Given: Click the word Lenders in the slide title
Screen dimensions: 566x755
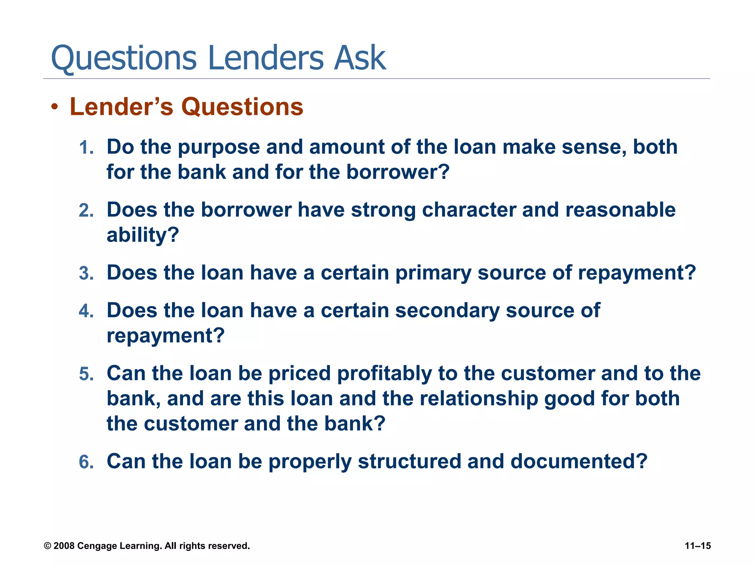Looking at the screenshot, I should [x=266, y=58].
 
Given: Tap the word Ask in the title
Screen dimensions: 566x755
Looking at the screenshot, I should [x=359, y=58].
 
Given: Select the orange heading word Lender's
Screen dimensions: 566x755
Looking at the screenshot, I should [x=121, y=107].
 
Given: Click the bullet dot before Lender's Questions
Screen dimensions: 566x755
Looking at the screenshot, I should [x=55, y=107].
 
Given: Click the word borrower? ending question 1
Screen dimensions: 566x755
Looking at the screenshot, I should [x=398, y=172].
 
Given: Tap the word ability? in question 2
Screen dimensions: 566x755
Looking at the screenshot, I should [x=143, y=236].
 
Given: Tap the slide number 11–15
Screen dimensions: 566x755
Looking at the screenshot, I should [x=697, y=546].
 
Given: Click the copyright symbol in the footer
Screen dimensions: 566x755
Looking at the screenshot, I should [x=48, y=546].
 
